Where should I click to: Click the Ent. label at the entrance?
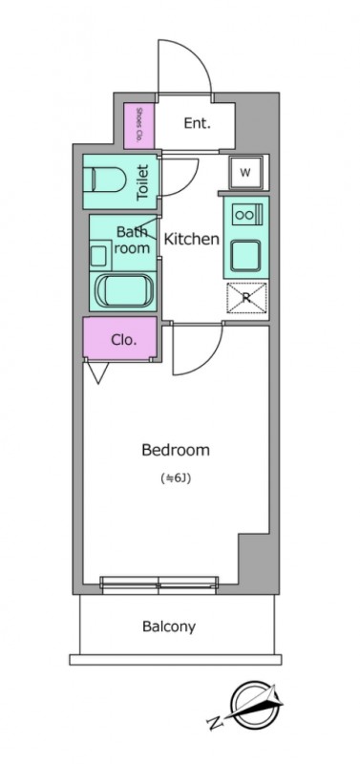tap(197, 124)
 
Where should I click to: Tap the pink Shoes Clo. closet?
tap(139, 126)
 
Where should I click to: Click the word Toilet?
tap(142, 183)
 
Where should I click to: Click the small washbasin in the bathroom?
tap(98, 255)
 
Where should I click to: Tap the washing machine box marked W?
tap(246, 173)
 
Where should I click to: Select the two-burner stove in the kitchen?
tap(246, 215)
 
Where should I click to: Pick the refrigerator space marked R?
tap(246, 298)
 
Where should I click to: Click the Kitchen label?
tap(191, 240)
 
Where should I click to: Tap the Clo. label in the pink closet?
tap(124, 340)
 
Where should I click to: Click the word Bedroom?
tap(176, 450)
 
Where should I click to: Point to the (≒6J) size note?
tap(176, 478)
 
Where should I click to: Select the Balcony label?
tap(169, 626)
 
